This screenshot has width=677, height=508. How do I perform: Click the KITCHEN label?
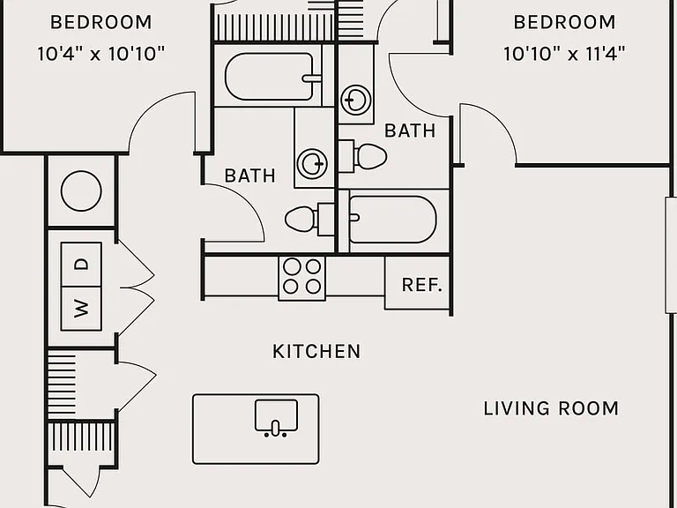(316, 352)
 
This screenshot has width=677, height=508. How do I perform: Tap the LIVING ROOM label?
(551, 408)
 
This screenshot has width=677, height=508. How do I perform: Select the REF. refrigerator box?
(418, 283)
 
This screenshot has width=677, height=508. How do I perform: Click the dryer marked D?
(81, 265)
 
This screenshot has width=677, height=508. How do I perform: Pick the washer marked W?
(81, 309)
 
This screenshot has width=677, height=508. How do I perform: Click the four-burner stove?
(301, 278)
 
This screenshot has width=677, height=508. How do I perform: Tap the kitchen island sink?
(276, 416)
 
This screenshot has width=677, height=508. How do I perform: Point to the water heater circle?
(81, 190)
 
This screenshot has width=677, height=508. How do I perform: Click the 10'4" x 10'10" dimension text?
(101, 54)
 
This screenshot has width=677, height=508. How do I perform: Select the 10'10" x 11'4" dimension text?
(564, 54)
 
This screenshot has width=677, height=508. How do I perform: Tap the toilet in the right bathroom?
(362, 156)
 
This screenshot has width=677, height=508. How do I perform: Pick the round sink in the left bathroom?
(313, 164)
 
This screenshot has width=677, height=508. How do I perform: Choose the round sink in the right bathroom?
(356, 101)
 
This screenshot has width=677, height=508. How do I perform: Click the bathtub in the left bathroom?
(273, 77)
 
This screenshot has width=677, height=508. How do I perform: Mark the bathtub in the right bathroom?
(392, 220)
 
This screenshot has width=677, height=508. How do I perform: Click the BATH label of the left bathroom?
(250, 176)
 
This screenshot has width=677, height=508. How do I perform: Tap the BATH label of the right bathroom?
(410, 131)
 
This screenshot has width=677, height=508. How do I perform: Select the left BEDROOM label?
(101, 22)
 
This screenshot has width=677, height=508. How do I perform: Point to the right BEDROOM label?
(564, 22)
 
